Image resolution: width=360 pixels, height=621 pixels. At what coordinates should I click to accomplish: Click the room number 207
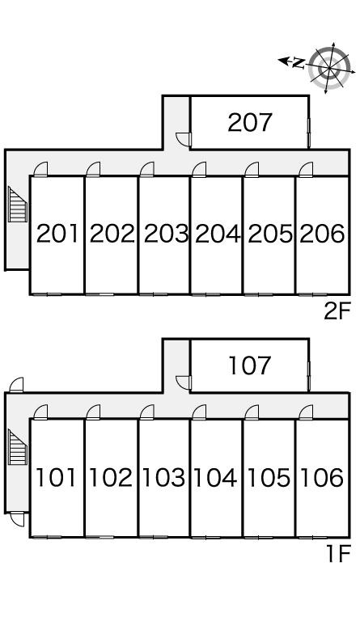250,122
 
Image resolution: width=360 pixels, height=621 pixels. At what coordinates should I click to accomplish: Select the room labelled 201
57,234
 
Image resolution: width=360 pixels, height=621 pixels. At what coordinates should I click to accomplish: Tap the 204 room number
218,234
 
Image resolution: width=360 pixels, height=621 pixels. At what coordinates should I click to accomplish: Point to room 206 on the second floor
322,234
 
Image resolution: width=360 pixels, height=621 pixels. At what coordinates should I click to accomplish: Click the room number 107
250,365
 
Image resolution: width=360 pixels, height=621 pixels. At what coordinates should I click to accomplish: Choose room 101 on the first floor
56,477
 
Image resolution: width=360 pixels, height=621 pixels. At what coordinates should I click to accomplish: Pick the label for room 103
163,477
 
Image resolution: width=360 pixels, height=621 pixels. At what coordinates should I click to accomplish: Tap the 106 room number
322,477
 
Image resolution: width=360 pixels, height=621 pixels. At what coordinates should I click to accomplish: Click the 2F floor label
337,311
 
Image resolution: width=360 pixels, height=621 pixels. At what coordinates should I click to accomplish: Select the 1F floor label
339,554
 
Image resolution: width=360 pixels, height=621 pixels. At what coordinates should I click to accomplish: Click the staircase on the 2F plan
18,205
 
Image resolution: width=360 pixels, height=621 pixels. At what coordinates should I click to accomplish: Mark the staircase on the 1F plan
18,447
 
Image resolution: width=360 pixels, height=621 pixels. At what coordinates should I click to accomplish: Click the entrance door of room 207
184,138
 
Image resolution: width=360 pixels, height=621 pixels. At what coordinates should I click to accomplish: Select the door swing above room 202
94,169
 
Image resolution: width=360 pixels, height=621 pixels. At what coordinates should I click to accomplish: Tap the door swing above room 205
252,169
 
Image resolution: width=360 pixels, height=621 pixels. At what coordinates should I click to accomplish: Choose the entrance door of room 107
184,382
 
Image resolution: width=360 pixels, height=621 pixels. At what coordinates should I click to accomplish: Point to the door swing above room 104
199,412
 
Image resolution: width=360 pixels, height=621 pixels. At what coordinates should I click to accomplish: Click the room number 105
269,477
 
